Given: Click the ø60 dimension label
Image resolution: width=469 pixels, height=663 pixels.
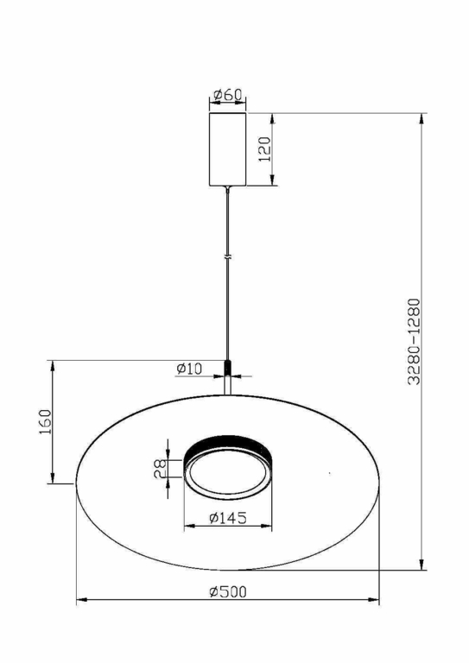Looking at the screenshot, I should (227, 93).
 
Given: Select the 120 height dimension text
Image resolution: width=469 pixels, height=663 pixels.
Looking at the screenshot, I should (264, 149).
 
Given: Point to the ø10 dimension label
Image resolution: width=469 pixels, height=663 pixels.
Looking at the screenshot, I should (189, 369).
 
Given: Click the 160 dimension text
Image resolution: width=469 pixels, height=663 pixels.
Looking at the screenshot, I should (46, 423).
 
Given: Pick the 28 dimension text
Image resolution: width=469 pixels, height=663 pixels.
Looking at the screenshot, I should (160, 469).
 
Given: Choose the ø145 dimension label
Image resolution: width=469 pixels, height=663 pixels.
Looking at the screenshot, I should (228, 518).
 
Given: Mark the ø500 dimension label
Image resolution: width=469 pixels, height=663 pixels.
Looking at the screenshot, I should (228, 591).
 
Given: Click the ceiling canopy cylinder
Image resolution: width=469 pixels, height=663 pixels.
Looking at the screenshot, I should (228, 148).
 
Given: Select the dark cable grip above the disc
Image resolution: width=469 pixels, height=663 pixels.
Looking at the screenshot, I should (228, 368).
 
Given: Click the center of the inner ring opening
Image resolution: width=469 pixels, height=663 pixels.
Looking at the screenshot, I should (228, 475).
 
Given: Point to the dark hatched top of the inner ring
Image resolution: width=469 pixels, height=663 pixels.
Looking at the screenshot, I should (228, 443).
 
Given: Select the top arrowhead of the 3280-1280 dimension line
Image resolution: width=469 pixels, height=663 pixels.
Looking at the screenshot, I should (422, 118).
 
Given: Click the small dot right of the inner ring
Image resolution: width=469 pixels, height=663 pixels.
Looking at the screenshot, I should (331, 473).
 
